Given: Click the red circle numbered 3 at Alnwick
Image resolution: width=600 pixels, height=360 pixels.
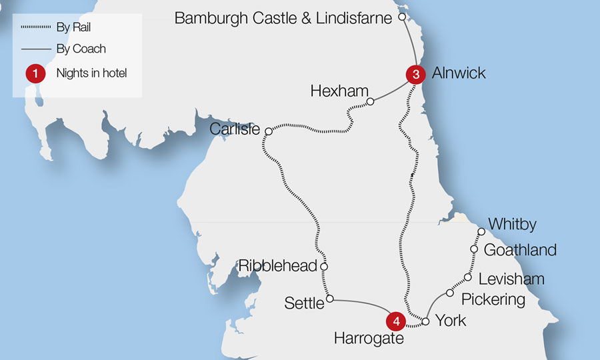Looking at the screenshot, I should pyautogui.click(x=415, y=75).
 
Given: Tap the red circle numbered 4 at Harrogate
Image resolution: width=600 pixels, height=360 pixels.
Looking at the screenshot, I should pyautogui.click(x=397, y=321).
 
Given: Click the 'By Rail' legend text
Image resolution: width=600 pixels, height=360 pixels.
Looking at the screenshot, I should pyautogui.click(x=74, y=27).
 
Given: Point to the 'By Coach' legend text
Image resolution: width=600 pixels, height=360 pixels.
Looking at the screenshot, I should pyautogui.click(x=81, y=49).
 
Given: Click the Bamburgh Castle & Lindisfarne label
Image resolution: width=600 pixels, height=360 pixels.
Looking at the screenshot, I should pyautogui.click(x=283, y=18).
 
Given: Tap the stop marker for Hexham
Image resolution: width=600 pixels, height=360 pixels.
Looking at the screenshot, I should pyautogui.click(x=371, y=102).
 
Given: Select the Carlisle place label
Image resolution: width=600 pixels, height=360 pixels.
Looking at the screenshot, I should pyautogui.click(x=235, y=129).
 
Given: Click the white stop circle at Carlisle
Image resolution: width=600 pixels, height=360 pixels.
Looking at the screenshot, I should pyautogui.click(x=269, y=131).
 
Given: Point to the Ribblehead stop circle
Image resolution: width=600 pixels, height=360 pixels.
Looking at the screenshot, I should pyautogui.click(x=324, y=267).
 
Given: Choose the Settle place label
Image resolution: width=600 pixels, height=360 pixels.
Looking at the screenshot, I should pyautogui.click(x=304, y=303).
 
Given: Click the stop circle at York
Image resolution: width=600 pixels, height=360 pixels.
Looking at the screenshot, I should pyautogui.click(x=425, y=321).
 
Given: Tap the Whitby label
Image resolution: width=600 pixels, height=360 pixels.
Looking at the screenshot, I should pyautogui.click(x=512, y=225).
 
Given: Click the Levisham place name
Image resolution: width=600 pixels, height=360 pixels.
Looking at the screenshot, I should pyautogui.click(x=511, y=279).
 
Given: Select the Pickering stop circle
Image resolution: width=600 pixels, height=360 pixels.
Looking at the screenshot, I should pyautogui.click(x=450, y=293).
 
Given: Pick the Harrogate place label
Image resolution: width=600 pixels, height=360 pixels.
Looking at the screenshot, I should pyautogui.click(x=369, y=339).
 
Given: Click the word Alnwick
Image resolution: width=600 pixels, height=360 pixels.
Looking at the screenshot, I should pyautogui.click(x=459, y=73).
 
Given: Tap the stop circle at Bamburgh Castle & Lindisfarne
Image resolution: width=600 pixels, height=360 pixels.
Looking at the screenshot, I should pyautogui.click(x=401, y=16).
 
